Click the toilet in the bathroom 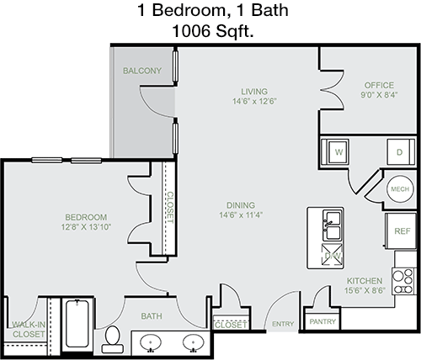[x=113, y=339]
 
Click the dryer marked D [x=401, y=151]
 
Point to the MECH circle [x=400, y=189]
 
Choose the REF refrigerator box [x=401, y=231]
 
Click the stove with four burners [x=404, y=281]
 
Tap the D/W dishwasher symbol [x=333, y=255]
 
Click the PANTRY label [x=322, y=321]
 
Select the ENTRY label [x=283, y=324]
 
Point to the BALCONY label [x=142, y=71]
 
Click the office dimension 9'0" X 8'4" [x=379, y=95]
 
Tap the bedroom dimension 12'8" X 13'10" [x=87, y=227]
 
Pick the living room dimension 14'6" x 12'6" [x=254, y=101]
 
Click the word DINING [x=241, y=205]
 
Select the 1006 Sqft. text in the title [x=213, y=30]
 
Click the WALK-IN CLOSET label [x=29, y=330]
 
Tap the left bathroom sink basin [x=151, y=342]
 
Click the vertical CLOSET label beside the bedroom [x=170, y=207]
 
